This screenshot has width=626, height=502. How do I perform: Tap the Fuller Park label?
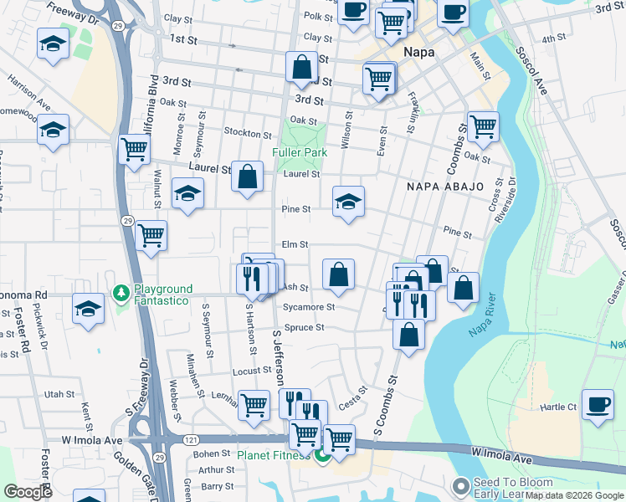pos(299,153)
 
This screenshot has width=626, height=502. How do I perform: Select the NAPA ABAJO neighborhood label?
pos(445,186)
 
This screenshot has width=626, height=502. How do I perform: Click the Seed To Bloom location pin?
pos(460,486)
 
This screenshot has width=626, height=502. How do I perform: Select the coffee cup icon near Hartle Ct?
pos(598,404)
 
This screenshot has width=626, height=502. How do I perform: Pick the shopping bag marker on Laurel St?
pos(247,177)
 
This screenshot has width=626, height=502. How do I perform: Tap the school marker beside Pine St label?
pos(348,202)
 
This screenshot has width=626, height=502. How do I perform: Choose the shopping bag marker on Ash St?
pos(338,274)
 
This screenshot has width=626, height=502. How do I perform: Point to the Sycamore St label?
pos(309,307)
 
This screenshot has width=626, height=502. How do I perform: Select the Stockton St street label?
pos(248,133)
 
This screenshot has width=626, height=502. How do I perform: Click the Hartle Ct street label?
pos(559,407)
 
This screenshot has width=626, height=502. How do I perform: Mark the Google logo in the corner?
pos(28,492)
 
